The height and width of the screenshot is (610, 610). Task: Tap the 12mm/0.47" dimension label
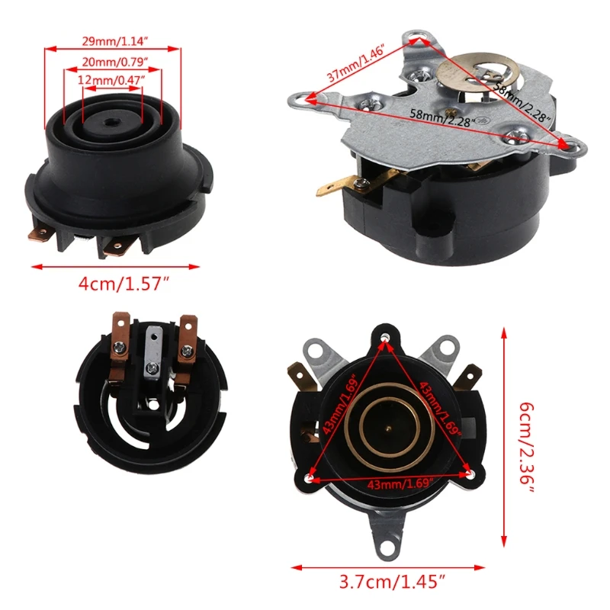(112, 79)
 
